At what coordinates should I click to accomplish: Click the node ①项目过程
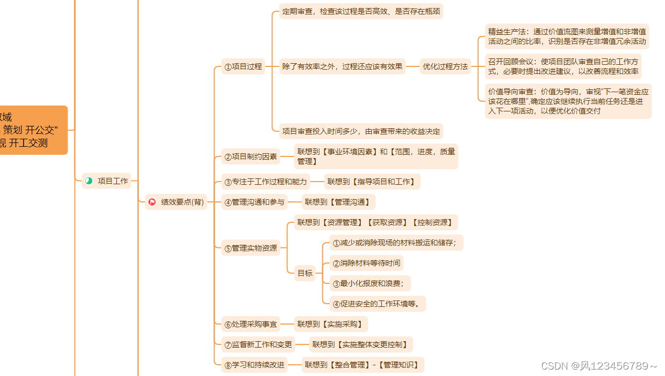point(243,66)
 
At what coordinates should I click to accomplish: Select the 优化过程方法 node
point(445,66)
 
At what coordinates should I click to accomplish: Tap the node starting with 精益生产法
point(567,36)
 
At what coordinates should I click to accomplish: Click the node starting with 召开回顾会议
point(563,66)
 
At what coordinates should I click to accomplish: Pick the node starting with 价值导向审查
point(568,101)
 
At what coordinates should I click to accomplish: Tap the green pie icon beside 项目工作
point(89,181)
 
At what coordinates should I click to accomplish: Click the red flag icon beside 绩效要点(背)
point(152,202)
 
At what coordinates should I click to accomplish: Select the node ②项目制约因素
point(251,157)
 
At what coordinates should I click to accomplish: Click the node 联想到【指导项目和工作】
point(372,182)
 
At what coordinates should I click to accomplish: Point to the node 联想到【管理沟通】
point(338,202)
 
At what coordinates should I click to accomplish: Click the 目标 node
point(305,273)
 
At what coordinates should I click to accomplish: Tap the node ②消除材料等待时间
point(366,263)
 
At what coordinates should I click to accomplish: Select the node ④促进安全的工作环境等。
point(378,304)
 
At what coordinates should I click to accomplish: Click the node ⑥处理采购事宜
point(251,324)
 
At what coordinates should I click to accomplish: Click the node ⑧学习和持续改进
point(254,365)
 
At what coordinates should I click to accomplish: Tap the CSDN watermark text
point(598,366)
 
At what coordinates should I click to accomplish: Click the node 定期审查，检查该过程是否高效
point(361,11)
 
